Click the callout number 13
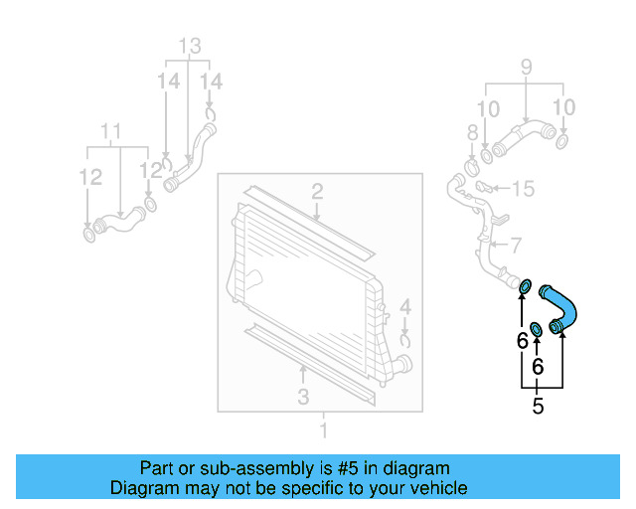click(189, 46)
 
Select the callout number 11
click(111, 131)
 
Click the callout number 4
click(405, 306)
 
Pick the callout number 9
click(526, 69)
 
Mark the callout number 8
click(473, 132)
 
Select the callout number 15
click(524, 188)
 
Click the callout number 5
click(538, 406)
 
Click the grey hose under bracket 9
click(522, 134)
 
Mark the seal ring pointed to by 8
click(473, 156)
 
